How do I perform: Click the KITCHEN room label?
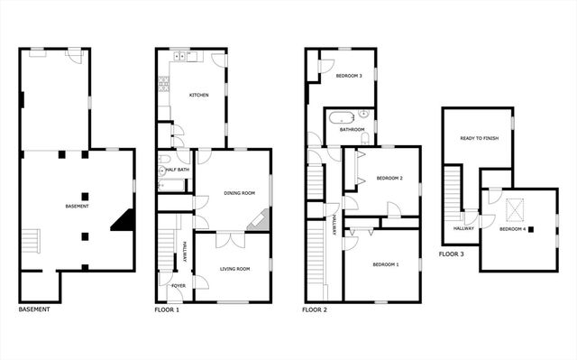(198, 95)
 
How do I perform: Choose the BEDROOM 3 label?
(349, 76)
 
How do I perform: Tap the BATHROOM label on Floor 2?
(352, 129)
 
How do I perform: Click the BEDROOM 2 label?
(389, 178)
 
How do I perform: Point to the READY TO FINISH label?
(479, 138)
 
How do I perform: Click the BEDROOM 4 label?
(516, 229)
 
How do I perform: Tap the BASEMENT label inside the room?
(78, 207)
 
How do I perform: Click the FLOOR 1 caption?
(167, 310)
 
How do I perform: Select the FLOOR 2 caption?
(314, 310)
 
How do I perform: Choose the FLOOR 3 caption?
(452, 254)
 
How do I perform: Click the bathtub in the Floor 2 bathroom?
(342, 117)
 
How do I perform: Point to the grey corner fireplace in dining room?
(260, 219)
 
